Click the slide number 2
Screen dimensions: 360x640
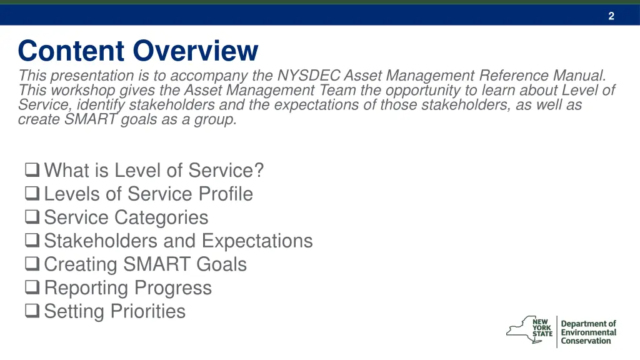611,16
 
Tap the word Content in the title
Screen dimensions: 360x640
71,51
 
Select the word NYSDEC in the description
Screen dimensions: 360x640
309,76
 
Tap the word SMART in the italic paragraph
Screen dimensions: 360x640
91,119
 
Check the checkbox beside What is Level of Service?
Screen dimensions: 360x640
33,169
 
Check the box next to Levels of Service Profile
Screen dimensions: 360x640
33,193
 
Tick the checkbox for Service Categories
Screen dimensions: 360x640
33,217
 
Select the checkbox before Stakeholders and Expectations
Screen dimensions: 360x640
33,240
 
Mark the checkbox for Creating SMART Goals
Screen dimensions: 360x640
33,264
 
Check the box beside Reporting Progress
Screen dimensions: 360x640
33,287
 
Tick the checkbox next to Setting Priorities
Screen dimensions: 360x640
33,311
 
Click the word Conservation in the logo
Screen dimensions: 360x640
586,341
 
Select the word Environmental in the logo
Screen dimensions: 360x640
588,332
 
